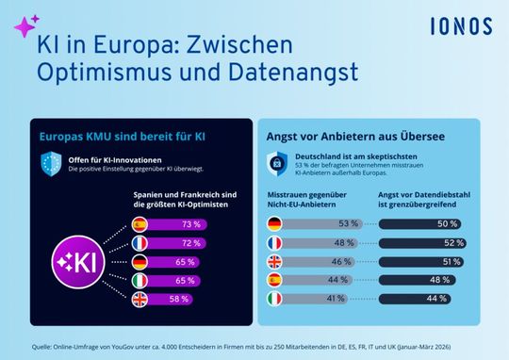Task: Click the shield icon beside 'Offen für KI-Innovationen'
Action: (52, 162)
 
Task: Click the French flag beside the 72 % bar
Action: (139, 242)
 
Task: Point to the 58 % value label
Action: (192, 299)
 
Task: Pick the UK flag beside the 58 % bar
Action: (139, 299)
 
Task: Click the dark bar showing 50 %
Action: (420, 224)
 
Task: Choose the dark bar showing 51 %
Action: (420, 261)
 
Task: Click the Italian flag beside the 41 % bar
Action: (273, 299)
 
